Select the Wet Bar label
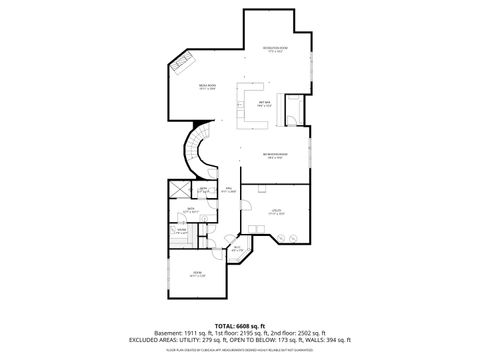point(264,104)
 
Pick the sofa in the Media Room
point(183,66)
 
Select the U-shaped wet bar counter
point(250,104)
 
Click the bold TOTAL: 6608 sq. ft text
point(240,325)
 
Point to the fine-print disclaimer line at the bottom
point(240,349)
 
